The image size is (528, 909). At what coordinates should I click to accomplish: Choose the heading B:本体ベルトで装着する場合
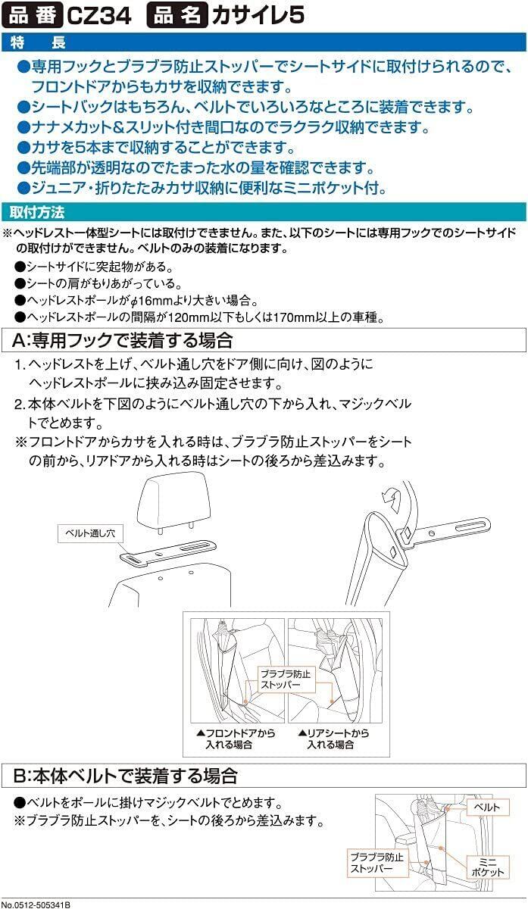coord(126,776)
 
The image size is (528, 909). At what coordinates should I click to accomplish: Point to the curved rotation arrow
coord(393,496)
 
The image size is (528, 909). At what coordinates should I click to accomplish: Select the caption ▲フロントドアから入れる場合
coord(235,739)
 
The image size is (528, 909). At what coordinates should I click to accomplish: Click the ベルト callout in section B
coord(486,807)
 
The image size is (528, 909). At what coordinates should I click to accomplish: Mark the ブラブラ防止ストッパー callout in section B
coord(376,863)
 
